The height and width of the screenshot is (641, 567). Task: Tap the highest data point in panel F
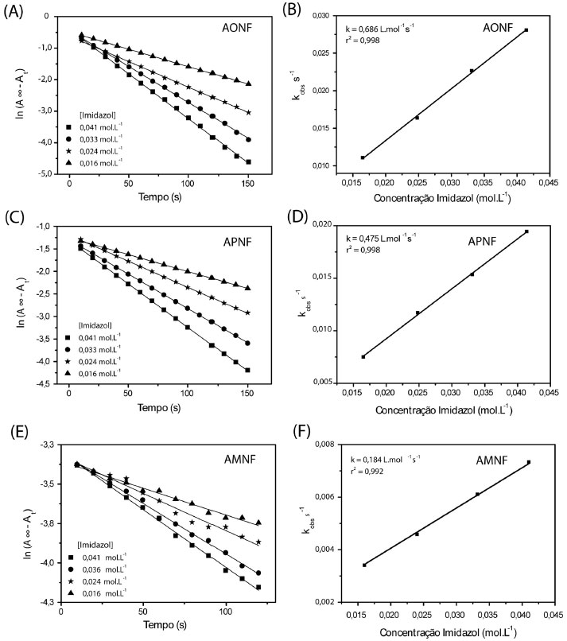529,462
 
